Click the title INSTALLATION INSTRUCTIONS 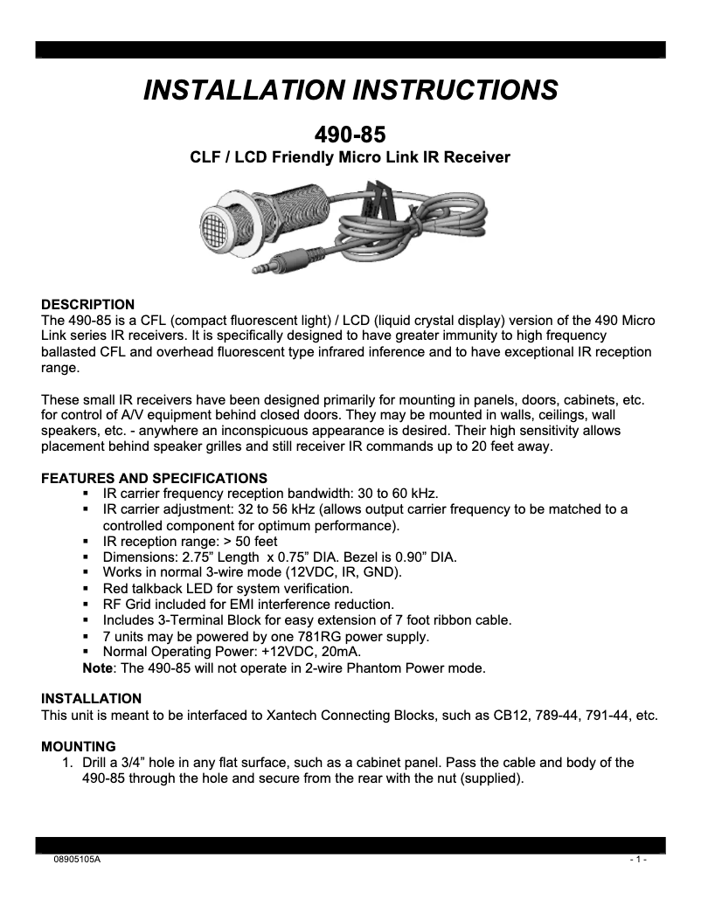(x=350, y=90)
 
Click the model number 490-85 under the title (x=350, y=135)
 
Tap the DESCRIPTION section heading (x=88, y=305)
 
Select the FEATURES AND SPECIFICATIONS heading (x=155, y=478)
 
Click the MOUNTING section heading (x=79, y=746)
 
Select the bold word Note (x=96, y=668)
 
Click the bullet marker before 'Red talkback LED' (x=87, y=589)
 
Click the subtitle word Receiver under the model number (x=477, y=157)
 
